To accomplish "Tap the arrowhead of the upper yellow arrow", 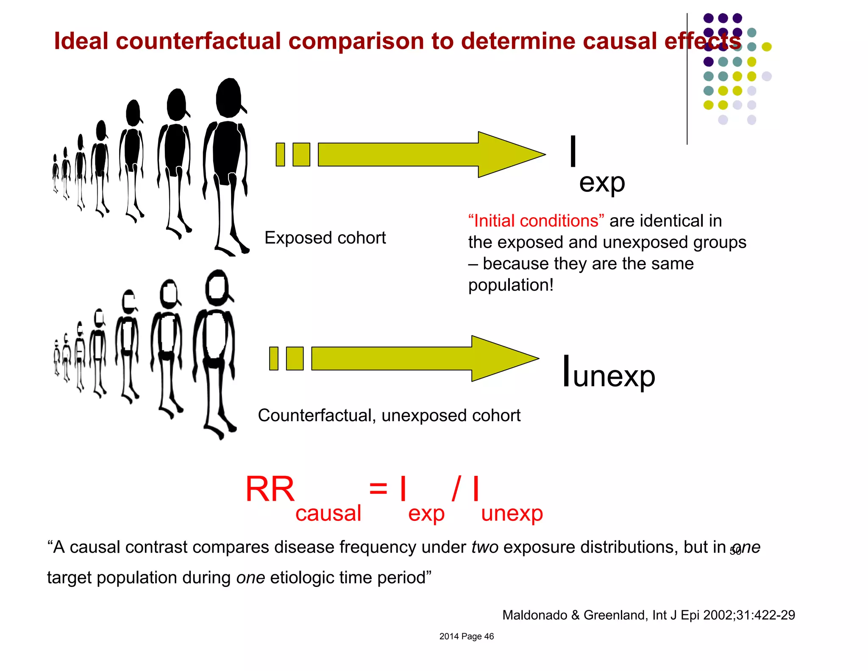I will (x=509, y=154).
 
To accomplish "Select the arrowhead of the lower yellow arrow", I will (x=502, y=358).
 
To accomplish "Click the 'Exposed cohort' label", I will (x=325, y=238).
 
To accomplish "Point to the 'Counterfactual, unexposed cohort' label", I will (x=389, y=415).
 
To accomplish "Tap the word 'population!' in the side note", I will (x=511, y=285).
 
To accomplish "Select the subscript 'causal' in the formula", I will (x=328, y=513).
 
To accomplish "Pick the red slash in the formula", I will (x=456, y=488).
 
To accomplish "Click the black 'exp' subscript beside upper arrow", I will (x=602, y=183).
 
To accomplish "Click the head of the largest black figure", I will (x=229, y=98).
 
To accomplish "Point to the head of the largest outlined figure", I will (x=218, y=287).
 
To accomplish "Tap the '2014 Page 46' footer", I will (x=466, y=636).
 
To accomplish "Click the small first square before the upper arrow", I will (x=280, y=154).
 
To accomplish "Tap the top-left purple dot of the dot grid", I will (x=708, y=18).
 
